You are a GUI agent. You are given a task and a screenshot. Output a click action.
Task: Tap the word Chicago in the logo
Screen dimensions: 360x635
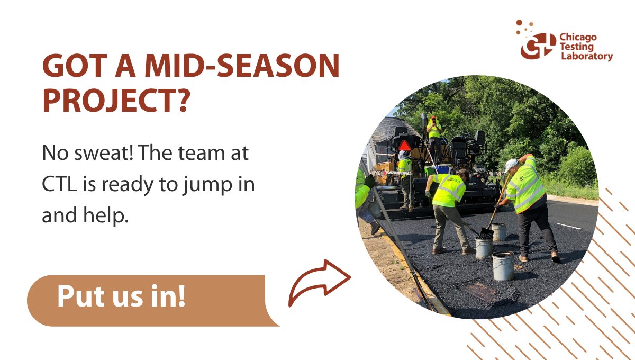(x=578, y=38)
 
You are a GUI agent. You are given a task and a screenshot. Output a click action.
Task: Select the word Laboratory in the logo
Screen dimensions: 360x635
(x=586, y=56)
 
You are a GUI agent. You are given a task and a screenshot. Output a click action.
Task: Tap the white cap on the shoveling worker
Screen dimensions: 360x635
(x=511, y=165)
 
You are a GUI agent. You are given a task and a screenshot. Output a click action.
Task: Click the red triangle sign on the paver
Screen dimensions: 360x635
(x=405, y=145)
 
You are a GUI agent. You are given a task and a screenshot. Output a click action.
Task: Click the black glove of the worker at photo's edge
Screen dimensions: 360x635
(x=369, y=181)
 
